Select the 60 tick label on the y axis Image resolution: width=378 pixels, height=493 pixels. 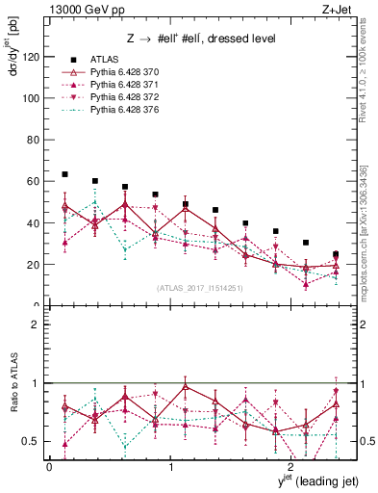tap(33, 181)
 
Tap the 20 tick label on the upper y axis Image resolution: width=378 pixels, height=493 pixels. tap(33, 264)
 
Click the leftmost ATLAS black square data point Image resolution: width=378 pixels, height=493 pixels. tap(64, 174)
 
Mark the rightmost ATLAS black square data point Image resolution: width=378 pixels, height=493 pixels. tap(336, 254)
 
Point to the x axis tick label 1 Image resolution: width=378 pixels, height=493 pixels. tap(170, 468)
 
